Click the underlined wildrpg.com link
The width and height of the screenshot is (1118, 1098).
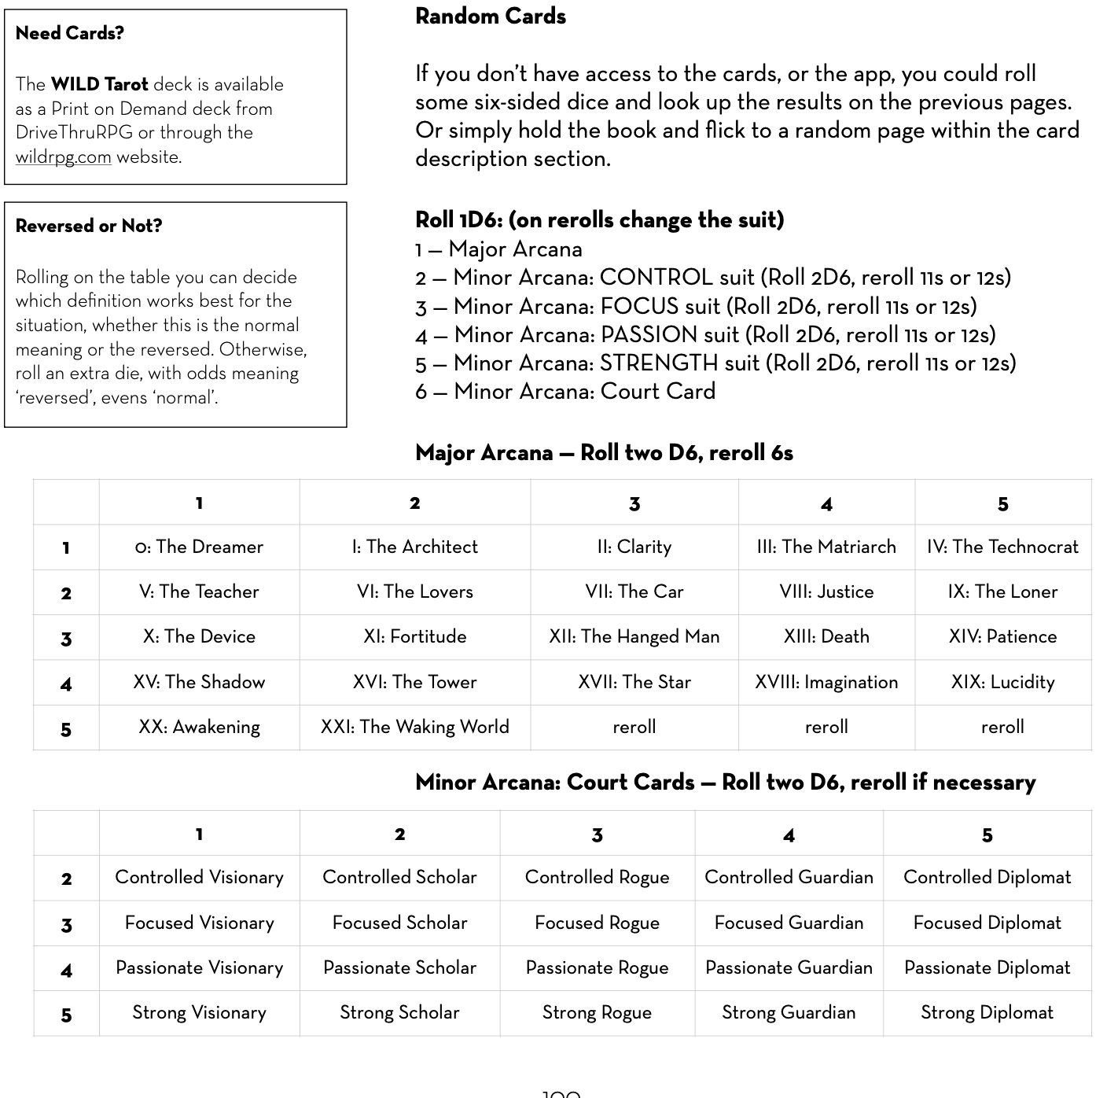click(63, 157)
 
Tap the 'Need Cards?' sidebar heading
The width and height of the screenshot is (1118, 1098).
click(70, 33)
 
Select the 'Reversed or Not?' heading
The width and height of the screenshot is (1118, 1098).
click(89, 227)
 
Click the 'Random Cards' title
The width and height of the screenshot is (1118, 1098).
click(490, 17)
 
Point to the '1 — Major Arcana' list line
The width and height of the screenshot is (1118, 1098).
click(498, 250)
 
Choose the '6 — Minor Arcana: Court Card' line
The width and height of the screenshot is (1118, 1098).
click(565, 392)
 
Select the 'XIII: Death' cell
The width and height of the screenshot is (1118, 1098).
click(826, 637)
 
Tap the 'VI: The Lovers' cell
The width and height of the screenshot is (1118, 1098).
click(414, 592)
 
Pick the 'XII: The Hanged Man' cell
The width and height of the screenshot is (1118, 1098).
click(634, 637)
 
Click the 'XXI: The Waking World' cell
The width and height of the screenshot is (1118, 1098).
click(414, 728)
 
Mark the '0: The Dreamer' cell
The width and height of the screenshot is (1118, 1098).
click(199, 547)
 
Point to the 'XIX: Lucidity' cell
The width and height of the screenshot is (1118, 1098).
click(1002, 683)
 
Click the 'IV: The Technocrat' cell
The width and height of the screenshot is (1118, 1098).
click(1002, 547)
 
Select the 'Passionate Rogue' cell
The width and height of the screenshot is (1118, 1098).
click(597, 968)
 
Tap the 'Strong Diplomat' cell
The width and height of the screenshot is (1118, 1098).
click(987, 1013)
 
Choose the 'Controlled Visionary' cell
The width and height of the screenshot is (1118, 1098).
click(199, 878)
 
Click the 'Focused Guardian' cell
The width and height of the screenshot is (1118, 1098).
click(789, 923)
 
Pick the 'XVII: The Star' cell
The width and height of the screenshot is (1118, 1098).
click(634, 683)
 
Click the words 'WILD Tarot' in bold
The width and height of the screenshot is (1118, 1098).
click(99, 85)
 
